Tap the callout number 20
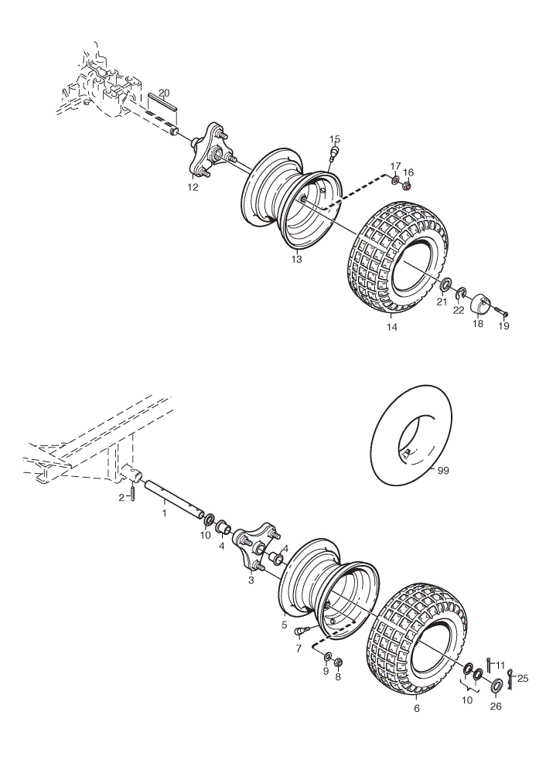[164, 93]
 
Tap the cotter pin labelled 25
[510, 679]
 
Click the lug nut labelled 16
[407, 186]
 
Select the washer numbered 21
[445, 285]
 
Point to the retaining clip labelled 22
[462, 293]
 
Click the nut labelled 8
[338, 662]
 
